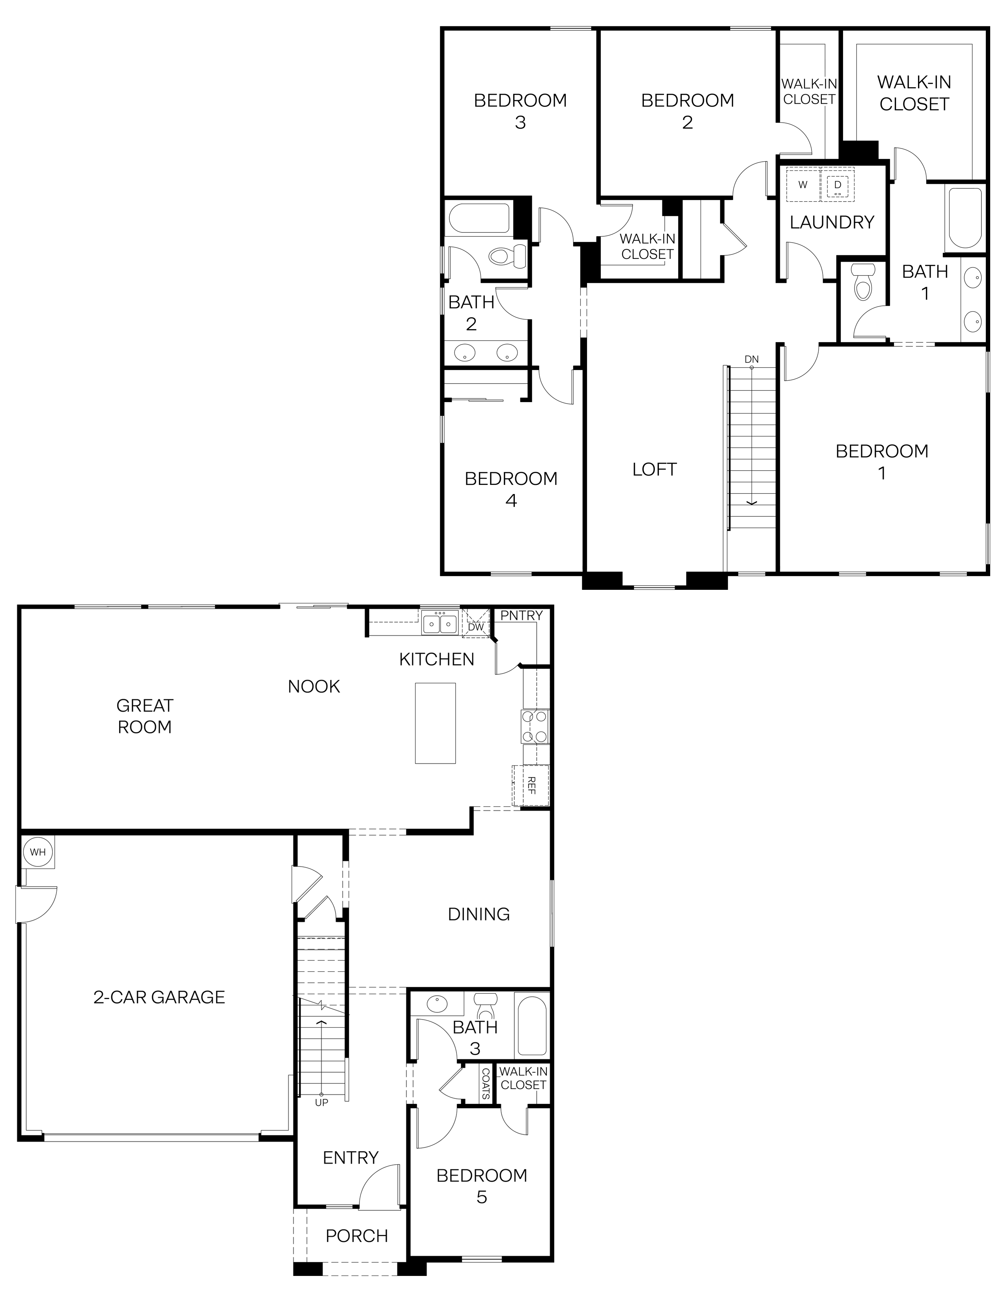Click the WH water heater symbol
(37, 852)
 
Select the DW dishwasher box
(476, 624)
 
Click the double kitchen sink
(440, 623)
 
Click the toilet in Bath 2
(507, 257)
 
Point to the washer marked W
(803, 184)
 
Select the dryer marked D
(837, 185)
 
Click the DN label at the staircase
(752, 359)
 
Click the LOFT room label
(654, 469)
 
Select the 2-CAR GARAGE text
(159, 997)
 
